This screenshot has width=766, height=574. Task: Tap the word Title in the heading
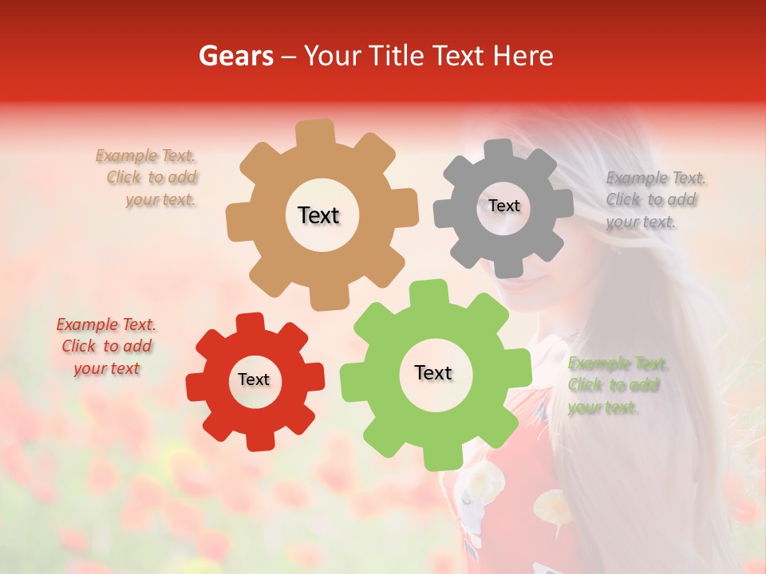396,56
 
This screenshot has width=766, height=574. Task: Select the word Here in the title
523,56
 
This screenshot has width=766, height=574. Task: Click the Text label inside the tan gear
318,215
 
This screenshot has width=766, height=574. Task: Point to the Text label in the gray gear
503,206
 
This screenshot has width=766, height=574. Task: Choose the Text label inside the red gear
254,379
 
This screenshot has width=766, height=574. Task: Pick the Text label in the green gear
433,372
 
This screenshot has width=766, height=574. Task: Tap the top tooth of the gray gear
499,149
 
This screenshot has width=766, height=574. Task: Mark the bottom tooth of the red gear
258,440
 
